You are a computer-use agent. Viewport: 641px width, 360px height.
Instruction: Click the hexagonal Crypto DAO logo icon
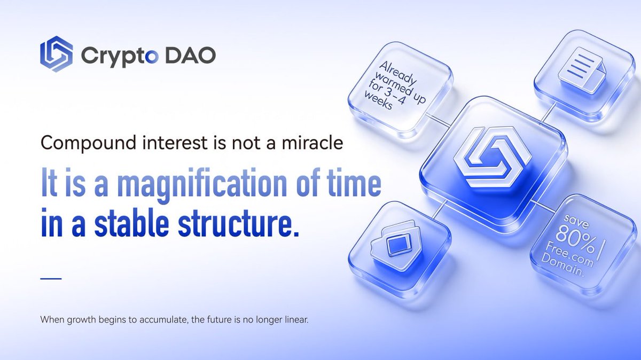[56, 53]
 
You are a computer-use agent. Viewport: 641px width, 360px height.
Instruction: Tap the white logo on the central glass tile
[492, 156]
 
